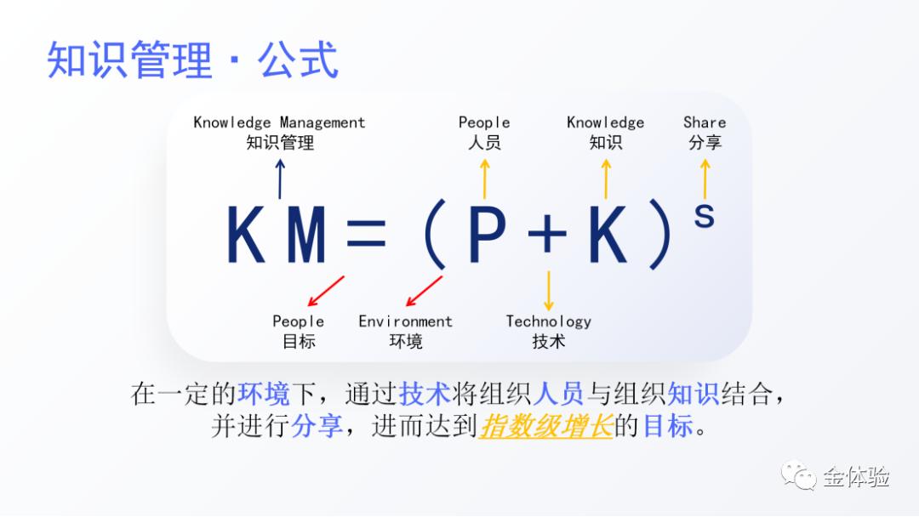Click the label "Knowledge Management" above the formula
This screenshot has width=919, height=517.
click(x=279, y=122)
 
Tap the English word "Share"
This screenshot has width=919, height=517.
click(x=705, y=122)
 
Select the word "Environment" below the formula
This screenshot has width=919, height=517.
click(x=405, y=321)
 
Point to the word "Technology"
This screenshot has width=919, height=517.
click(x=548, y=321)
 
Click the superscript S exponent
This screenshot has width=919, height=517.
click(x=704, y=215)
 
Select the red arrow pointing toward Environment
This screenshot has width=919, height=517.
click(x=424, y=291)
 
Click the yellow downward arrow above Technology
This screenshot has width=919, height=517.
click(x=548, y=290)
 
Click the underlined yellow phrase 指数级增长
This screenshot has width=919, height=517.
click(x=546, y=425)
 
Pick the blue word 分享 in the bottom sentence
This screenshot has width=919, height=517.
click(x=317, y=425)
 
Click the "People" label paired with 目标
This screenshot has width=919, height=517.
click(x=298, y=321)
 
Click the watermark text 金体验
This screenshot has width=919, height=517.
click(x=855, y=476)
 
